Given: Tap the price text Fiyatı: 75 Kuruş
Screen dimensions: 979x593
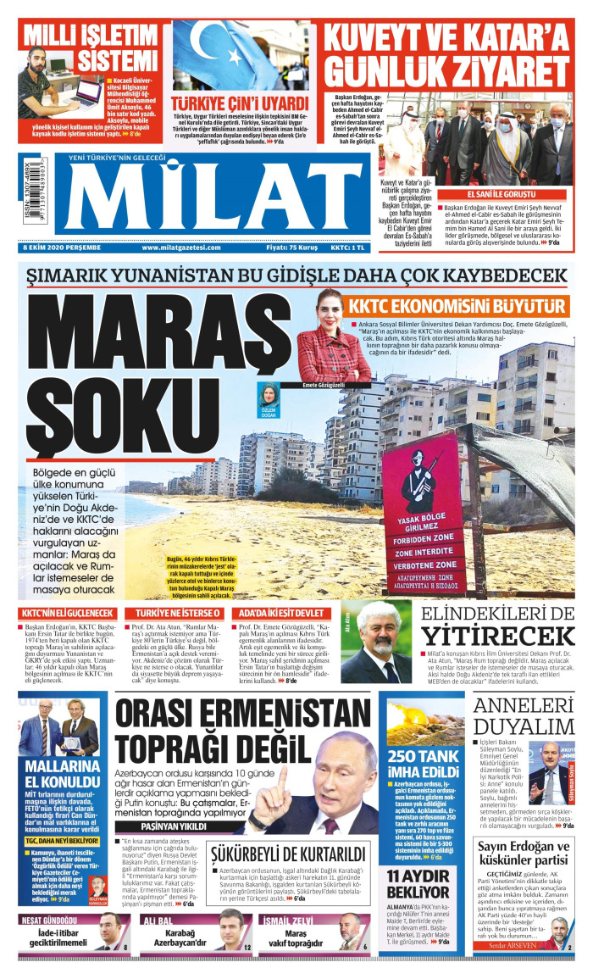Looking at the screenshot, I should [x=291, y=248].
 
